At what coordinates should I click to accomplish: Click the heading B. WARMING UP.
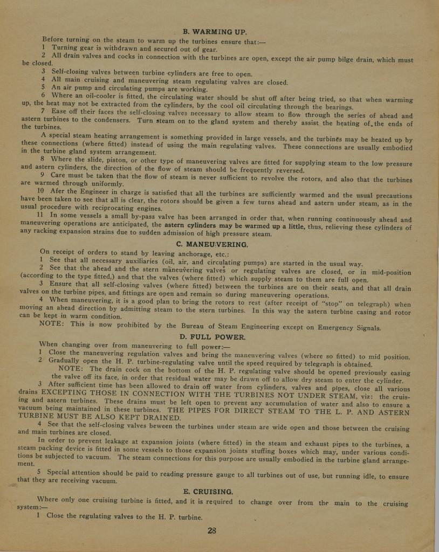(x=214, y=31)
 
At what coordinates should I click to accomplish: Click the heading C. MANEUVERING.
(x=212, y=244)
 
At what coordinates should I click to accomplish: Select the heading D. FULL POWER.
(x=212, y=337)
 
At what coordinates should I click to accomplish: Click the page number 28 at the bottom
(x=212, y=530)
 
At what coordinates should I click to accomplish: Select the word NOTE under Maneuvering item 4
(x=52, y=324)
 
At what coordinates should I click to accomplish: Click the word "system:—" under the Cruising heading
(x=25, y=507)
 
